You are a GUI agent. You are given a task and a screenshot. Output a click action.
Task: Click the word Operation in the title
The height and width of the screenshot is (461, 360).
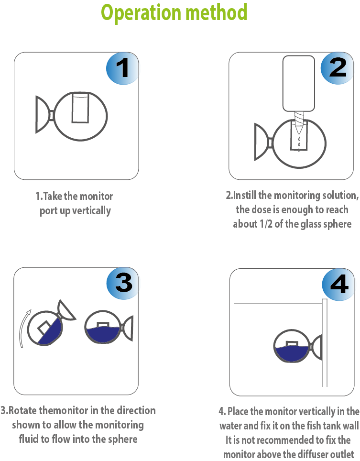(141, 13)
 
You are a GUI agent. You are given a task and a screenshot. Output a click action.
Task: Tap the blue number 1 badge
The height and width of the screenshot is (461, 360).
(122, 68)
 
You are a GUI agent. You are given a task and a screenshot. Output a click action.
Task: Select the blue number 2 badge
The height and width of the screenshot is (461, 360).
(337, 68)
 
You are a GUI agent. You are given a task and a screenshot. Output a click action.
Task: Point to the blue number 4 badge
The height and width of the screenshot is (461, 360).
(338, 285)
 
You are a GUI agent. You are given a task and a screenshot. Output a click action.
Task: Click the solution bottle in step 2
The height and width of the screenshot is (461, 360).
(299, 84)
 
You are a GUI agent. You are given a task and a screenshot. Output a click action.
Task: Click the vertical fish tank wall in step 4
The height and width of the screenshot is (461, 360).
(325, 343)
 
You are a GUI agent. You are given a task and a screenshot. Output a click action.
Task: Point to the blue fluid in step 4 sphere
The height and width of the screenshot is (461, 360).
(292, 354)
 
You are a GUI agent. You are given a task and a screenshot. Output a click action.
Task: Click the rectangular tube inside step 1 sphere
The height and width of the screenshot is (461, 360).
(80, 108)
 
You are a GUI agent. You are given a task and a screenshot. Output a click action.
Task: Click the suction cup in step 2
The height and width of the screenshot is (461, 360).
(262, 142)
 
